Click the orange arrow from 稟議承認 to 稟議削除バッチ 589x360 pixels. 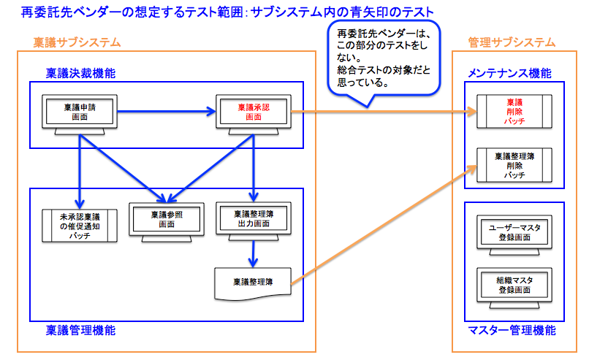[380, 112]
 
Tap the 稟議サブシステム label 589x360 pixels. [77, 42]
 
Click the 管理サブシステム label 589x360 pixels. [512, 42]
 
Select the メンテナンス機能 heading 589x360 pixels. [509, 74]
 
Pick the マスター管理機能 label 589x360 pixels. [512, 330]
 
